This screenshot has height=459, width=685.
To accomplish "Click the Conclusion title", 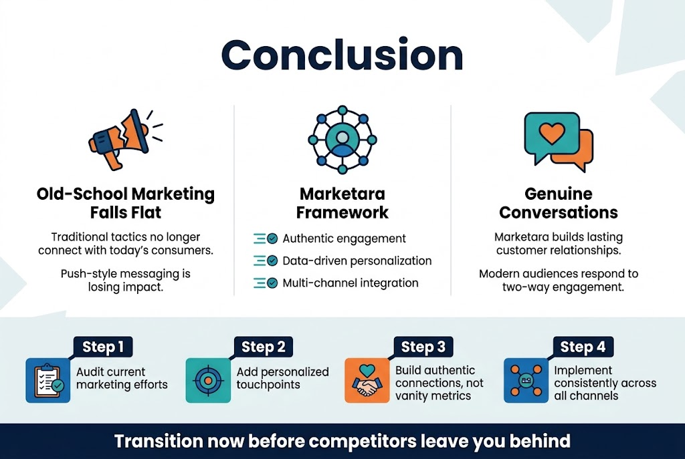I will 342,55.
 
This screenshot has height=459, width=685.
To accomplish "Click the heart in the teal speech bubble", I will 551,133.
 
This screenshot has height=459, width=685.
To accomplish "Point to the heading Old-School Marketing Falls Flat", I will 126,203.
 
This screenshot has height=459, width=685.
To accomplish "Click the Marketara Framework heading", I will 343,203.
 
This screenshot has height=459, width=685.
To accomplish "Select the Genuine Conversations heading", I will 559,203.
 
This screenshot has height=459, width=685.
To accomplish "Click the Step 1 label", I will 103,347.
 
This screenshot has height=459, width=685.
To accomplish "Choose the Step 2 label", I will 264,347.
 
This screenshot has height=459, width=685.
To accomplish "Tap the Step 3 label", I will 423,347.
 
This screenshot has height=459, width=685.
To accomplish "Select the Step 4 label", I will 583,347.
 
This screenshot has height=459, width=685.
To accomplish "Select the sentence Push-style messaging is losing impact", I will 126,279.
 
